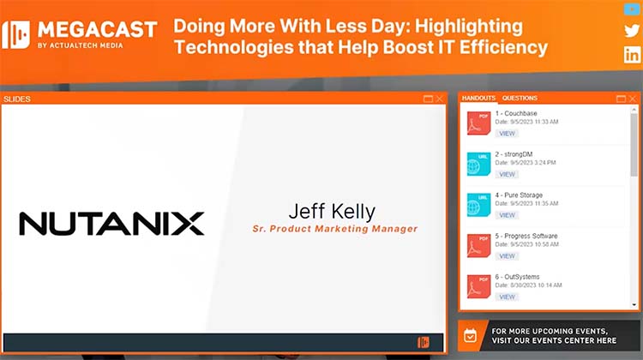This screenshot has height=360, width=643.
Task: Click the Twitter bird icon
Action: [x=632, y=31]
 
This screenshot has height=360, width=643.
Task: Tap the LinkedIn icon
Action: [x=632, y=55]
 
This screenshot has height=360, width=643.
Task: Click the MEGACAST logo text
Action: [x=94, y=29]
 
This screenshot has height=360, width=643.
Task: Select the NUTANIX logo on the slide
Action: [x=111, y=224]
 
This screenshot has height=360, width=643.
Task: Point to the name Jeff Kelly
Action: [x=332, y=211]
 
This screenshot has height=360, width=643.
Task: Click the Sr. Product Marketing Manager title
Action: [x=335, y=229]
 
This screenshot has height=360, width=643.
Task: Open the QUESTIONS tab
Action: [x=520, y=99]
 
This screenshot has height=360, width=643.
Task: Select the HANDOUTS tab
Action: [x=479, y=99]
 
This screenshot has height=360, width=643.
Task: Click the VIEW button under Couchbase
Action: [x=507, y=134]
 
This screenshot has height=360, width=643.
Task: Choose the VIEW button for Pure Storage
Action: [x=507, y=215]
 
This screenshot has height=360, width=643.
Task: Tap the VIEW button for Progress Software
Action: [x=507, y=255]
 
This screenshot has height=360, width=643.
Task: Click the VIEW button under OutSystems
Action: [x=507, y=297]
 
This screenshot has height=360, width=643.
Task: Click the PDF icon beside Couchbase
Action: [x=478, y=123]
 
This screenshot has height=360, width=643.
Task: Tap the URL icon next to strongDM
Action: [x=478, y=163]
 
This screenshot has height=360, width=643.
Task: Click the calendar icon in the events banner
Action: [x=470, y=335]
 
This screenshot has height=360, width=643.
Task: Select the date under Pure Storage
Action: [x=526, y=203]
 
